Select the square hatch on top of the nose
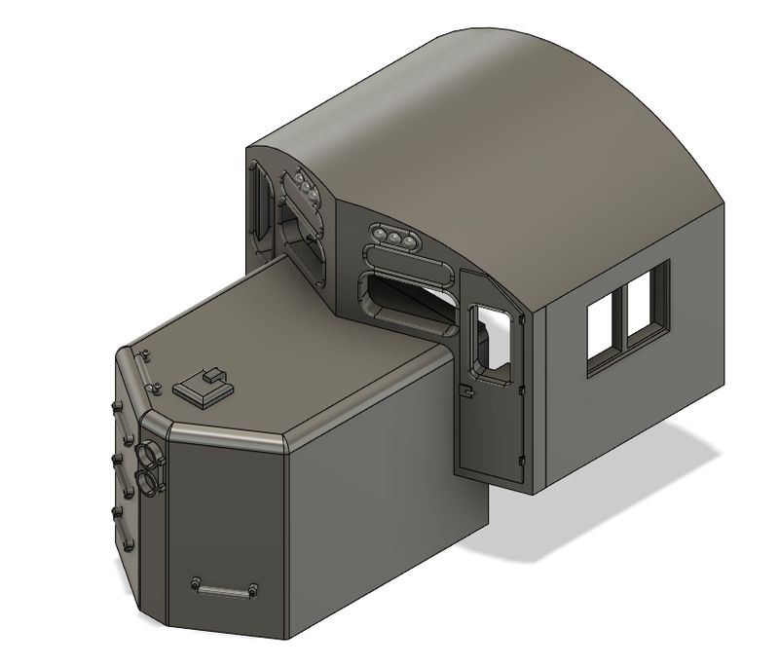[x=204, y=389]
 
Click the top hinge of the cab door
[x=524, y=315]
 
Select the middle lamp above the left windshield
[x=305, y=187]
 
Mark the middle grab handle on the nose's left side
[x=118, y=457]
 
